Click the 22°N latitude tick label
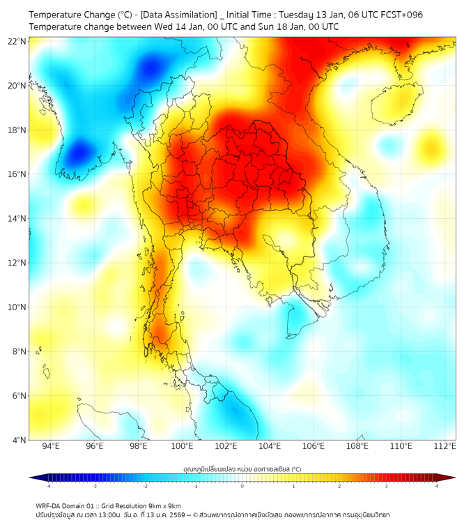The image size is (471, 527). [17, 41]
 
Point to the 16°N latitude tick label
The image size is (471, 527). [17, 174]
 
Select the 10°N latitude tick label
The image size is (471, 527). [17, 307]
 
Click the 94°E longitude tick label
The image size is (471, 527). [51, 447]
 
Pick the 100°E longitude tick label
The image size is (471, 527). [182, 447]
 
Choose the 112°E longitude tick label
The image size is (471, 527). [444, 447]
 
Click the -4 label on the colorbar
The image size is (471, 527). [48, 486]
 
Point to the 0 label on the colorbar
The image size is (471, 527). [242, 486]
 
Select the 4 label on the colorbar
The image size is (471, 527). [436, 486]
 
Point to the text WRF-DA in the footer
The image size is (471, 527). [49, 505]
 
